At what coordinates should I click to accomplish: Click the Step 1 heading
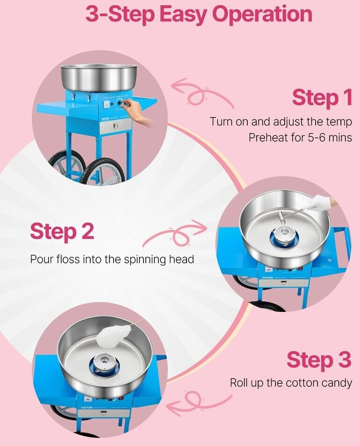click(322, 97)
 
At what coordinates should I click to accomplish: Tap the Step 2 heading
click(62, 231)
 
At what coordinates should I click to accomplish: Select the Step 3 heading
click(319, 359)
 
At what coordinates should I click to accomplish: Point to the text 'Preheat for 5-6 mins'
click(300, 138)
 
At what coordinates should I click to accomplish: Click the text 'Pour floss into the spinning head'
click(112, 259)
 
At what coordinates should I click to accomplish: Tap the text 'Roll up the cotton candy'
click(291, 383)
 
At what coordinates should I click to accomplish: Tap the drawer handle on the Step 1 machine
click(115, 126)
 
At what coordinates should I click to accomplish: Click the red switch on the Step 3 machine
click(122, 399)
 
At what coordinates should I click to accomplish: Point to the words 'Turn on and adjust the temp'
click(281, 122)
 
